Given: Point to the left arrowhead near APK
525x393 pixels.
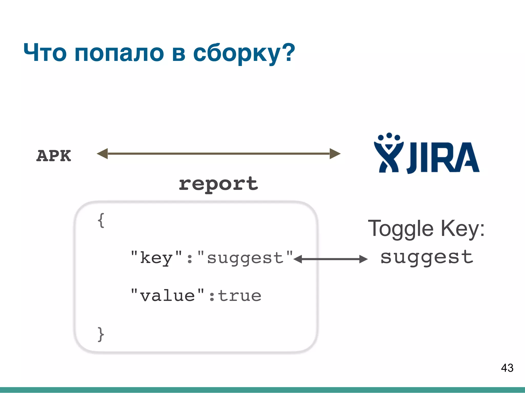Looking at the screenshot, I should pos(102,154).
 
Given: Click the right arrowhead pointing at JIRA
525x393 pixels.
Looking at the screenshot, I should pos(335,154).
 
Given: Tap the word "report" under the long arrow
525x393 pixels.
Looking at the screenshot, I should pos(218,184).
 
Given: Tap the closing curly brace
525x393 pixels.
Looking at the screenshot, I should pos(101,334).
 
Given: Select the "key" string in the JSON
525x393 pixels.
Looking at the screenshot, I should pos(156,257).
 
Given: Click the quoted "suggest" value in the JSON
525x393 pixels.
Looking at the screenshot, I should pos(245,258).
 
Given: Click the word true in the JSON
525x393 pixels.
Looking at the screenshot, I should pos(240,296).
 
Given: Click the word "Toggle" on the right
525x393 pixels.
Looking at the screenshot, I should pos(401,228).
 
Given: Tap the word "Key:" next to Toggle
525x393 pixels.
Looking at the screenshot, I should pos(463,228).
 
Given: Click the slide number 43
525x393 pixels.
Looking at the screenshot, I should pos(507,368).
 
